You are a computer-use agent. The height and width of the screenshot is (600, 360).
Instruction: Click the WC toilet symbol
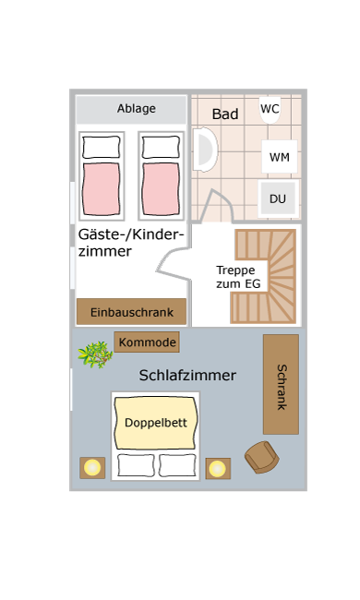click(x=270, y=110)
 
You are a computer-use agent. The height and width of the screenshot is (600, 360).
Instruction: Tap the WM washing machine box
click(x=280, y=157)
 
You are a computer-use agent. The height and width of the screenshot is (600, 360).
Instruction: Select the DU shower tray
click(x=278, y=198)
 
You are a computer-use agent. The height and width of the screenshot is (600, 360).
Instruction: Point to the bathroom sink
click(x=205, y=150)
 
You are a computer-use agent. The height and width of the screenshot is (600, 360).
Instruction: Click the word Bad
click(x=225, y=114)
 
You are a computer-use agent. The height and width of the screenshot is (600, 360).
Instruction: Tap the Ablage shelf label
click(x=137, y=109)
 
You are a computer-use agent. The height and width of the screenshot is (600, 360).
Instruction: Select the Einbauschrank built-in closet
click(x=132, y=311)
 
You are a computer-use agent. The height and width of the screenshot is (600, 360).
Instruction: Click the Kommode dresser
click(x=147, y=342)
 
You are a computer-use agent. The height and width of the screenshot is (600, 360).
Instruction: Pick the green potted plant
click(x=95, y=354)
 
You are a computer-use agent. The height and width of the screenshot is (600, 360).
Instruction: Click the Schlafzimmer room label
click(x=187, y=376)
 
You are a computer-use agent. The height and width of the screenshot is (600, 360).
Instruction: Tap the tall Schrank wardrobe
click(x=281, y=384)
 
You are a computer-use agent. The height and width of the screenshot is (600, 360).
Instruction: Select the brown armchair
click(x=261, y=457)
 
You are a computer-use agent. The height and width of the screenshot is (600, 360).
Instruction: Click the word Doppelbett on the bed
click(x=156, y=423)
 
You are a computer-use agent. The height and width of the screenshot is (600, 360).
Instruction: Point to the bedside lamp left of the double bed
click(x=92, y=468)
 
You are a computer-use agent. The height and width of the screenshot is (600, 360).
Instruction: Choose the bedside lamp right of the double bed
click(x=218, y=468)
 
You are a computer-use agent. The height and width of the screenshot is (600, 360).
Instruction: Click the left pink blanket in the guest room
click(x=102, y=189)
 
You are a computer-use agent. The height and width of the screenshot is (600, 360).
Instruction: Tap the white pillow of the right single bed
click(x=161, y=147)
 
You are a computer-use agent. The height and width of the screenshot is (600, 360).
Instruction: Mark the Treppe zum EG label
click(x=238, y=277)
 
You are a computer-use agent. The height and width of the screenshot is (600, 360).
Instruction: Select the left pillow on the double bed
click(x=136, y=465)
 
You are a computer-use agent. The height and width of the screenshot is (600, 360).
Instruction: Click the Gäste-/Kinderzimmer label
click(x=131, y=243)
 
